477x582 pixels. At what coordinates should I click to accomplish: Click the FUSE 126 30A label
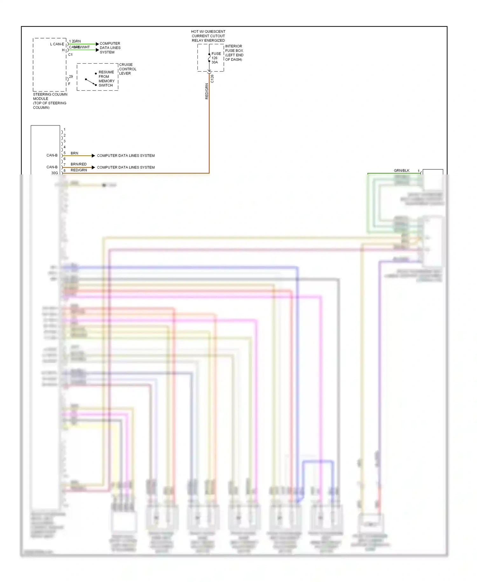pyautogui.click(x=216, y=58)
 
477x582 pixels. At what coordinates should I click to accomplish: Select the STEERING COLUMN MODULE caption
pyautogui.click(x=50, y=101)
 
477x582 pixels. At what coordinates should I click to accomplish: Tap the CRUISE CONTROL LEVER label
pyautogui.click(x=128, y=69)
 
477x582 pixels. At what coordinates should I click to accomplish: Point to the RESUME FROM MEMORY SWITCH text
pyautogui.click(x=106, y=79)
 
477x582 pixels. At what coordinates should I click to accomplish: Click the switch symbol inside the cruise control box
pyautogui.click(x=91, y=82)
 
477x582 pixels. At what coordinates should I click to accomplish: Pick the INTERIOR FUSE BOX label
pyautogui.click(x=234, y=53)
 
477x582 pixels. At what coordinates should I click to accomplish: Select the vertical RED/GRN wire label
pyautogui.click(x=207, y=91)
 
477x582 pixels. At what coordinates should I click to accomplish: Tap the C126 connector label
pyautogui.click(x=212, y=79)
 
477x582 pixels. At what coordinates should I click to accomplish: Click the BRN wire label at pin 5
pyautogui.click(x=74, y=153)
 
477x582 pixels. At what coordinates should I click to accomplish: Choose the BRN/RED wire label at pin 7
pyautogui.click(x=79, y=164)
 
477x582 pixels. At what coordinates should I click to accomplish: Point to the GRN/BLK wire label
pyautogui.click(x=402, y=171)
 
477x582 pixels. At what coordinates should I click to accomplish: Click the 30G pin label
pyautogui.click(x=55, y=173)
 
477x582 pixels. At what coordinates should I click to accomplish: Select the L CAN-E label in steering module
pyautogui.click(x=57, y=44)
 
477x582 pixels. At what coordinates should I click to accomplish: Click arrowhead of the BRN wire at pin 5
pyautogui.click(x=93, y=156)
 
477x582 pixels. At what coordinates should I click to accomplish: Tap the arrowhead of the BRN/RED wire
pyautogui.click(x=93, y=167)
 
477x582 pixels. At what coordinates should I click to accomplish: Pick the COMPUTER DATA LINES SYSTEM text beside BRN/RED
pyautogui.click(x=126, y=167)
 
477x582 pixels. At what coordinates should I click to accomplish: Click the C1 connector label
pyautogui.click(x=70, y=55)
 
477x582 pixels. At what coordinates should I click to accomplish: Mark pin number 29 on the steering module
pyautogui.click(x=71, y=77)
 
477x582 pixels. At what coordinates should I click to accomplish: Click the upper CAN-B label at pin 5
pyautogui.click(x=52, y=155)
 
